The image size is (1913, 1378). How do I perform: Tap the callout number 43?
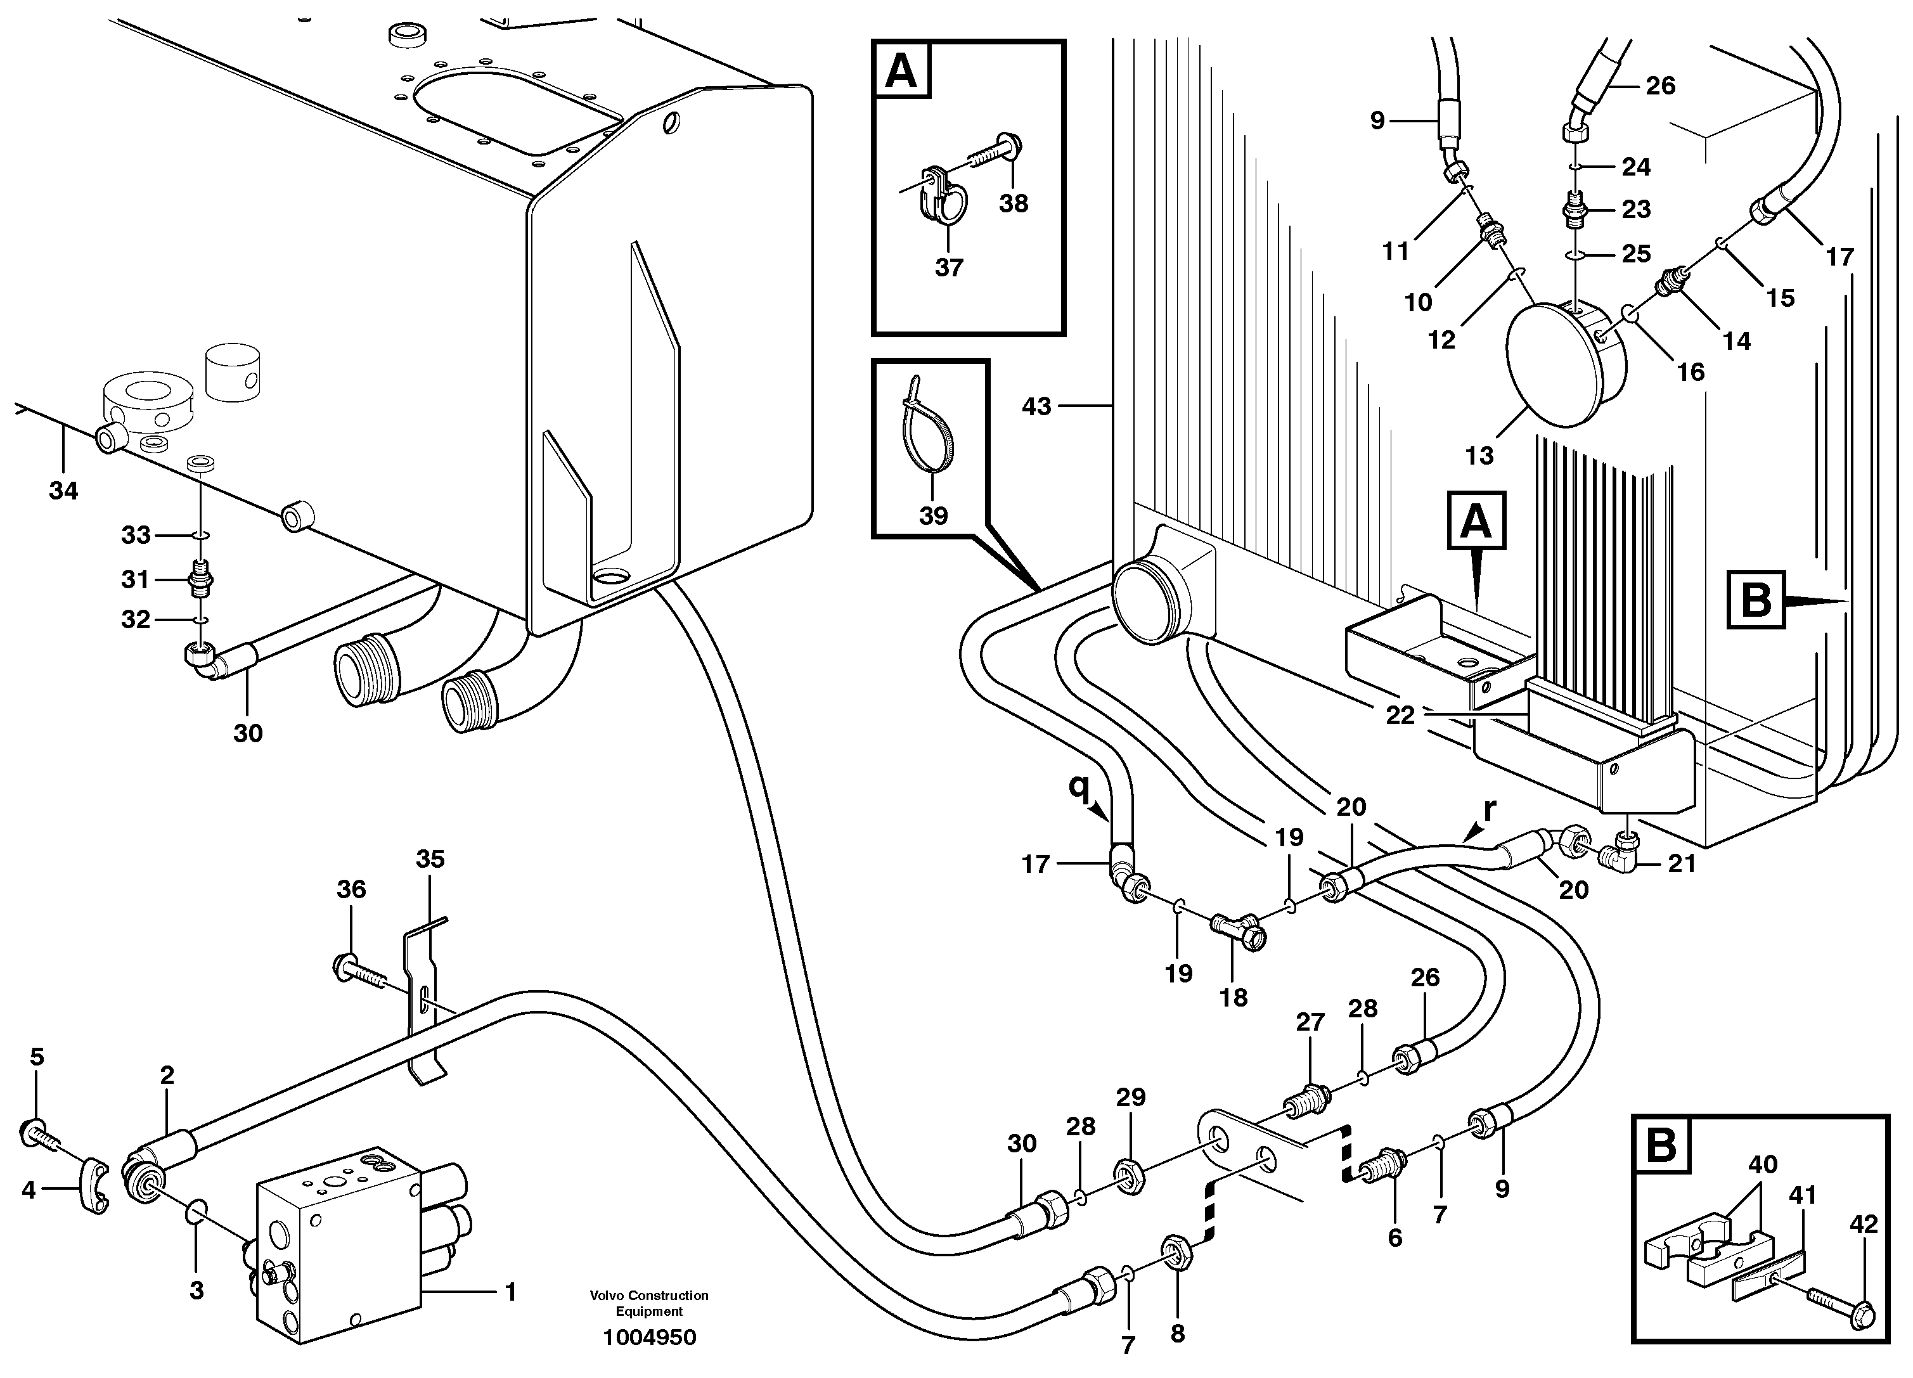click(x=1036, y=406)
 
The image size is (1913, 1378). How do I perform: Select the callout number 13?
click(x=1479, y=456)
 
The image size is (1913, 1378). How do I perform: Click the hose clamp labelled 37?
click(x=946, y=199)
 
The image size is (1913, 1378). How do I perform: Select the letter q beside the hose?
click(x=1078, y=786)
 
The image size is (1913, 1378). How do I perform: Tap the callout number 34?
click(x=64, y=490)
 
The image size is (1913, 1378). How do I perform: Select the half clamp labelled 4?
click(x=94, y=1187)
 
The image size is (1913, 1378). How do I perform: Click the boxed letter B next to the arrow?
click(x=1756, y=600)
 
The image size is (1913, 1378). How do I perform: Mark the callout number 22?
click(x=1400, y=715)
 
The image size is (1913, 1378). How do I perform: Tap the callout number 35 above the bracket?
click(x=430, y=860)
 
